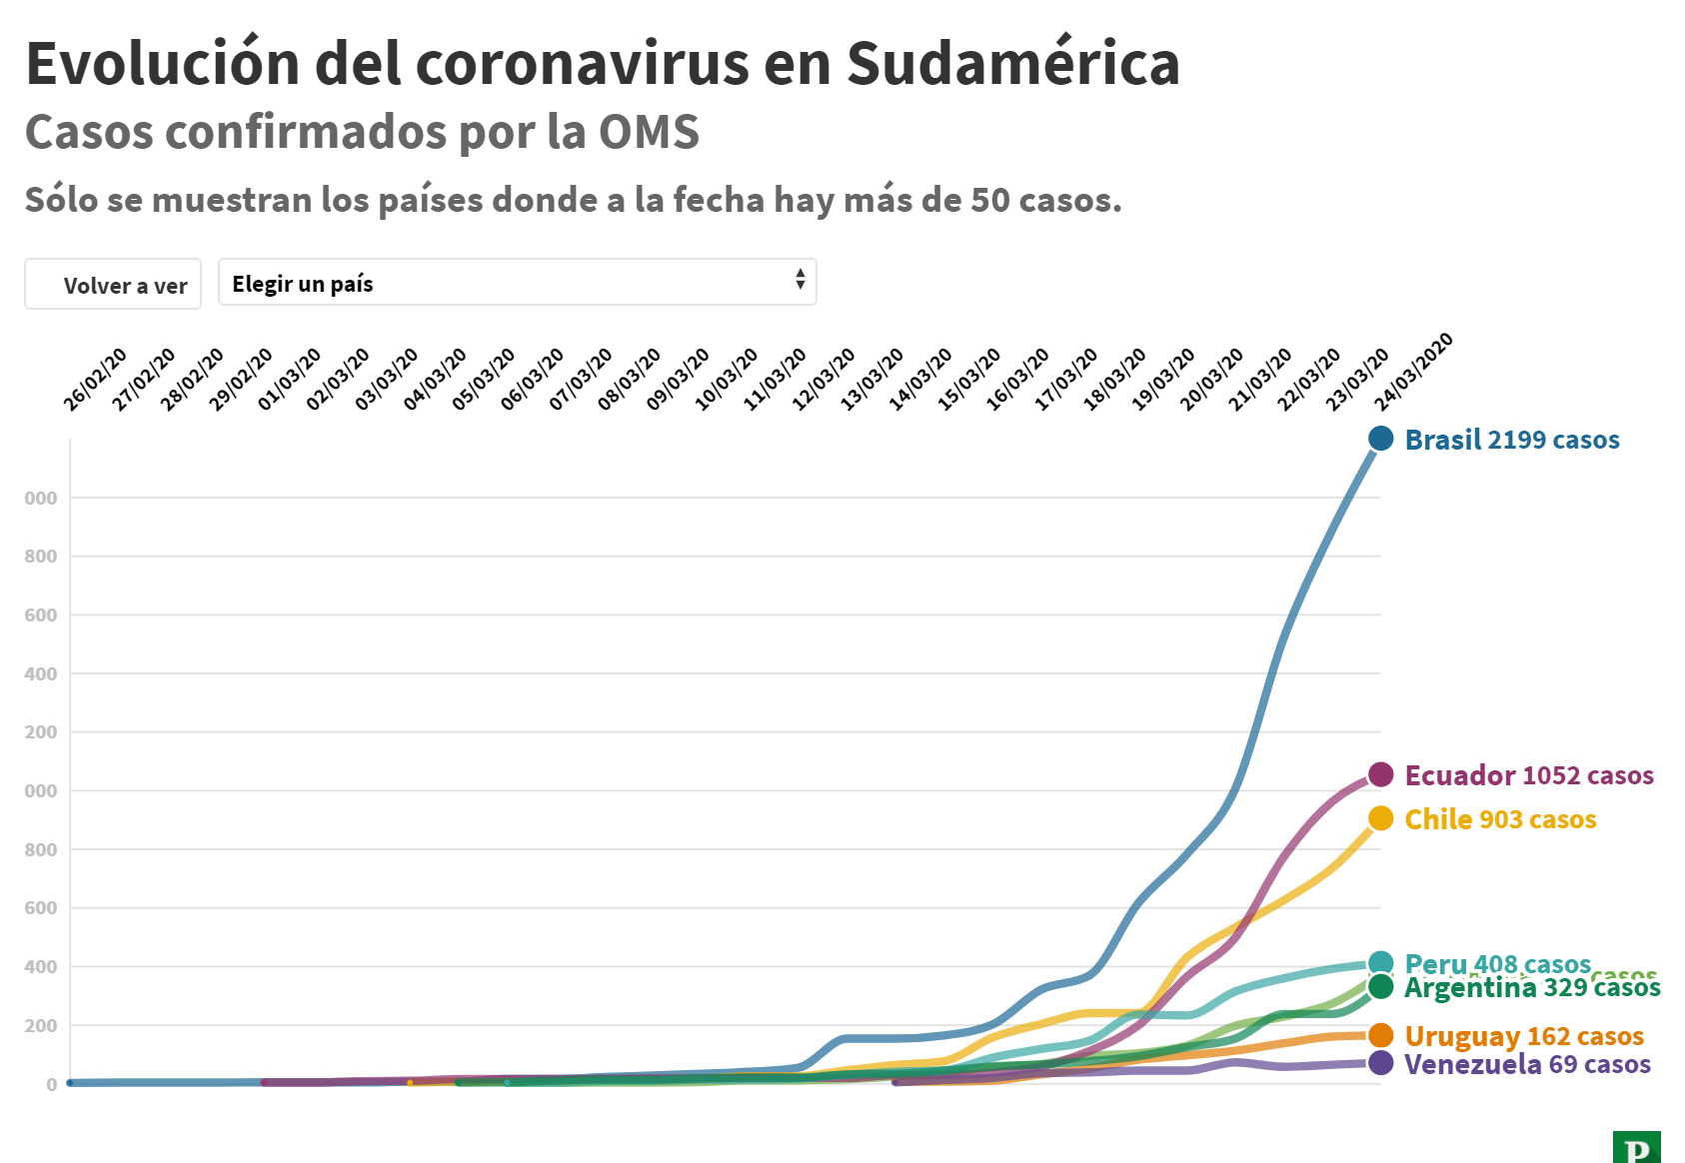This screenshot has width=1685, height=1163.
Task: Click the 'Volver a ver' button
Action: pos(113,285)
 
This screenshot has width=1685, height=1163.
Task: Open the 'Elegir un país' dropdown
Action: pos(517,283)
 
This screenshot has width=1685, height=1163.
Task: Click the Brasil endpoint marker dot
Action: pos(1380,438)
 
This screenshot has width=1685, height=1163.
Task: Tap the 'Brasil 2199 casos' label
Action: pos(1511,440)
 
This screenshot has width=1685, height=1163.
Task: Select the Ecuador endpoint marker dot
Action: pos(1380,774)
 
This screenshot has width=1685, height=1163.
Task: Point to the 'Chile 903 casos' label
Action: pos(1499,819)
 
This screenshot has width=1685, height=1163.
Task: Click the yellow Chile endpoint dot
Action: pos(1380,818)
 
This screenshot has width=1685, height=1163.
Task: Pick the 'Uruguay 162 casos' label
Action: pos(1523,1036)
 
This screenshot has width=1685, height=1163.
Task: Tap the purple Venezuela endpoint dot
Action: pos(1380,1063)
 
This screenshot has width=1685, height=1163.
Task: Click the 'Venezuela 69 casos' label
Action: pos(1526,1064)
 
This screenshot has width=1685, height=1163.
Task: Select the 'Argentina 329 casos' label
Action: pos(1531,988)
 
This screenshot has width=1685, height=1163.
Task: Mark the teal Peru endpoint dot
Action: pos(1380,964)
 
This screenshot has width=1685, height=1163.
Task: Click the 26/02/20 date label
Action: pos(96,379)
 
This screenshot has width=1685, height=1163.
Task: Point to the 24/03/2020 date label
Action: pos(1414,371)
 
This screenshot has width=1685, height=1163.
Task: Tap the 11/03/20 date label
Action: pos(775,379)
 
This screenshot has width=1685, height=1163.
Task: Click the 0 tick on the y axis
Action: pos(51,1084)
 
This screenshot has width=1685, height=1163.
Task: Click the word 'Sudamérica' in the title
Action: pos(1012,63)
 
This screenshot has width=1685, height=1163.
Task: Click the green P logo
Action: pos(1636,1147)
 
